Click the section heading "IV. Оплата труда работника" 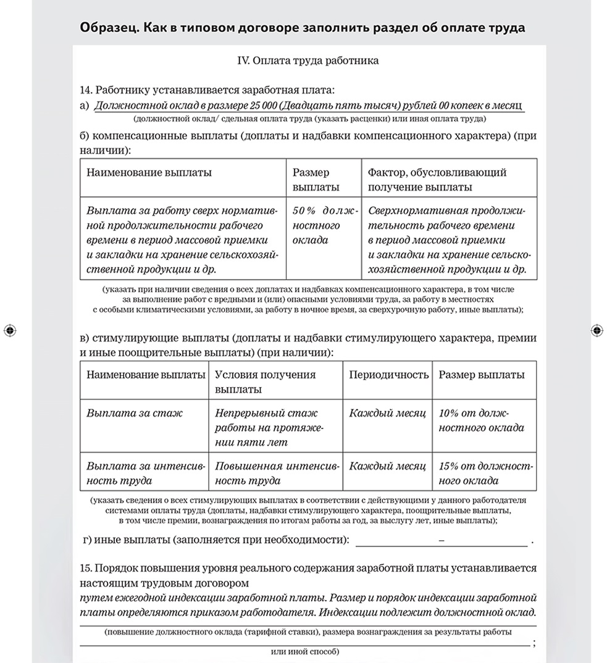308,60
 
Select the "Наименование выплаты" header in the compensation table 149,173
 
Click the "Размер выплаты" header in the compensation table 311,180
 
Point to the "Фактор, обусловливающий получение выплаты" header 437,180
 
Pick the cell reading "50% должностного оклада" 324,225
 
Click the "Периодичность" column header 388,375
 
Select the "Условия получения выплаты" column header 265,382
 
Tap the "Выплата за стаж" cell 135,413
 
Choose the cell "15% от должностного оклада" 485,473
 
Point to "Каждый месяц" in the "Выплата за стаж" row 387,413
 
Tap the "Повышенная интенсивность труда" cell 276,473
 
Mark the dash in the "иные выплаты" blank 441,540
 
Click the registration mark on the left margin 9,331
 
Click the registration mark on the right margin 597,331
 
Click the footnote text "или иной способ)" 305,651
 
